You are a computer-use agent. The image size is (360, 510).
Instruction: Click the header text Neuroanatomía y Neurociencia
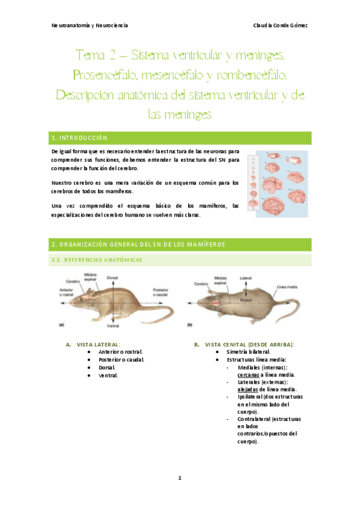click(x=90, y=25)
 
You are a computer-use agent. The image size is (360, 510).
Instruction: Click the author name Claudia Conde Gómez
click(x=282, y=25)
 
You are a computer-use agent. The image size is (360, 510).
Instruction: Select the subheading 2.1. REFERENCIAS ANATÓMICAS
click(x=99, y=260)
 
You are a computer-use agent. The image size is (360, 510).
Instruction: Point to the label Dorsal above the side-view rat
click(x=112, y=278)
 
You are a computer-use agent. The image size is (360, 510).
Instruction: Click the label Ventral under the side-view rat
click(x=112, y=326)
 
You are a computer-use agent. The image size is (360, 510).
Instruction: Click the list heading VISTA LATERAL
click(x=99, y=344)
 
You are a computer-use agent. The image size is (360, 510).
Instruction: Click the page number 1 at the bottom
click(x=180, y=478)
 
